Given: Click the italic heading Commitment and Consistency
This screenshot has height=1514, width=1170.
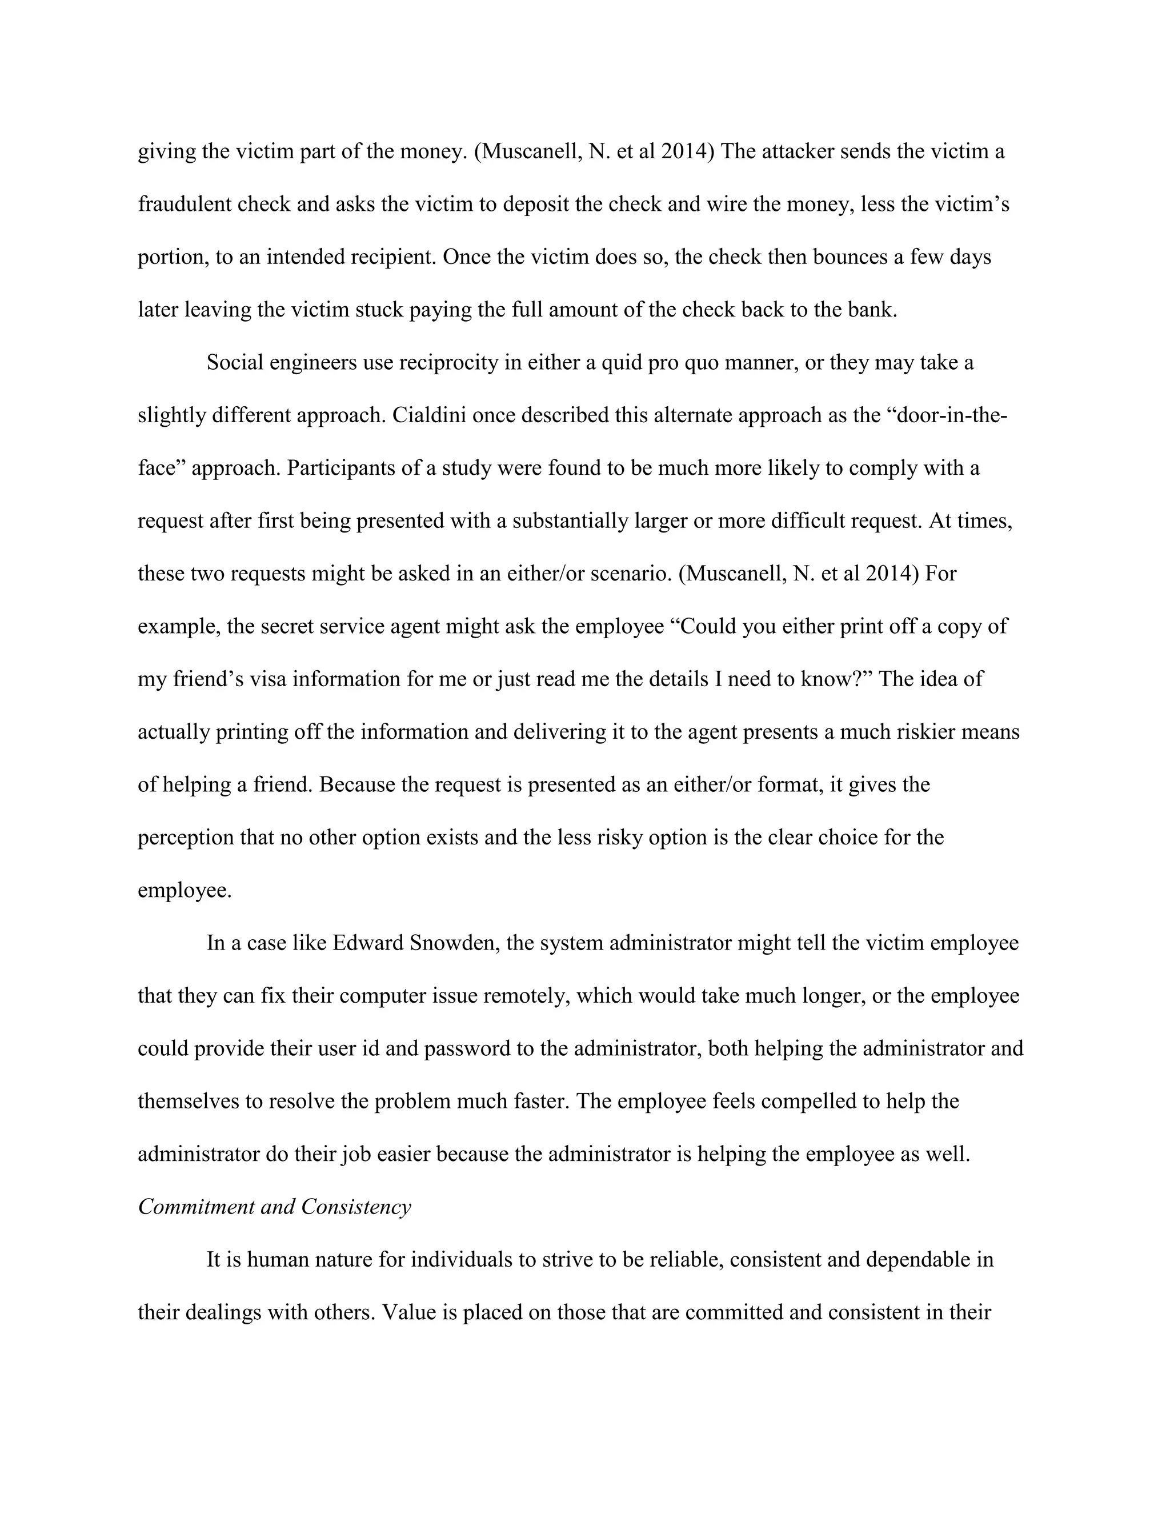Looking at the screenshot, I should pyautogui.click(x=274, y=1207).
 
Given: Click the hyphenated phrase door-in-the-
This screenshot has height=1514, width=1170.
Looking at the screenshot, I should pyautogui.click(x=951, y=415).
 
